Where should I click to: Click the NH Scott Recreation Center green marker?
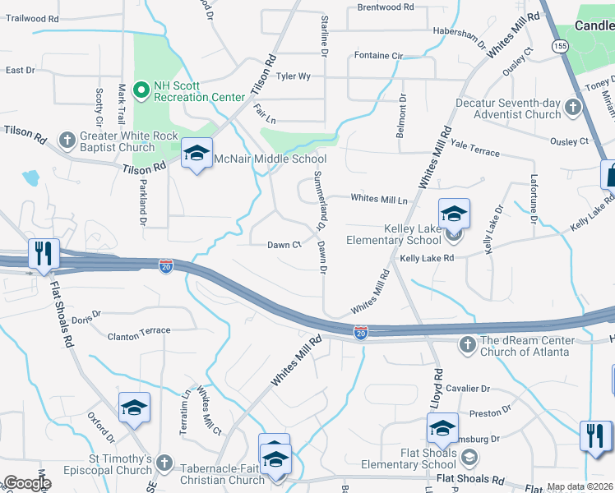(141, 88)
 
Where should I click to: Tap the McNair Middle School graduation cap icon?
(197, 153)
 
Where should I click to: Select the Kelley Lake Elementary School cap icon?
(454, 214)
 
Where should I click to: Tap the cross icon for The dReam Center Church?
(467, 343)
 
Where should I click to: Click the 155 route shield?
(560, 48)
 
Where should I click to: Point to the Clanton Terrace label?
(140, 330)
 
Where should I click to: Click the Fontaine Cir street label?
(378, 55)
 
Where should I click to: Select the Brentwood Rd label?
(386, 7)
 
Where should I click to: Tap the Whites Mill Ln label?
(379, 200)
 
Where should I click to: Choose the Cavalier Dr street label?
(468, 389)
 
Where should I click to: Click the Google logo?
(27, 483)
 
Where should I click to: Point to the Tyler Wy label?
(294, 76)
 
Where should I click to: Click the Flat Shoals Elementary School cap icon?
(442, 428)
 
